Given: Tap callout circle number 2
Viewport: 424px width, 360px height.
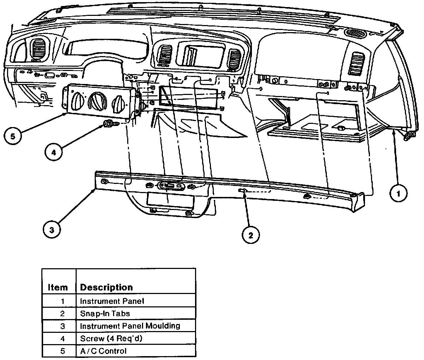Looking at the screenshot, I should (251, 235).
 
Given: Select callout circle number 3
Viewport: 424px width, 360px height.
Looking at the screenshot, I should (52, 230).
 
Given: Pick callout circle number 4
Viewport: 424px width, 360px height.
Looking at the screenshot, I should (54, 152).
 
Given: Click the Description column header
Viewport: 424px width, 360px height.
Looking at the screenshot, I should (106, 287).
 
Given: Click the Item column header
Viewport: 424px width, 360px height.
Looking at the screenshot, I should (58, 287).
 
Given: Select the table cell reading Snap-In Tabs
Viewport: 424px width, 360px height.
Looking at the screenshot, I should (105, 313).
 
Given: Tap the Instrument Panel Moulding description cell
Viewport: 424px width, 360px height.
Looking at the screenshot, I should (130, 326).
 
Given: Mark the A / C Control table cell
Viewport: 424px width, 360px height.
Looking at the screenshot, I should (103, 351).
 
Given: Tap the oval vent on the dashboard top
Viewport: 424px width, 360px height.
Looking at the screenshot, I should (355, 33).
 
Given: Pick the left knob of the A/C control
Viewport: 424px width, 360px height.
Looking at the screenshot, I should (76, 102).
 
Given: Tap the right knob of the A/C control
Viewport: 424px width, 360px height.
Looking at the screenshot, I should (117, 105).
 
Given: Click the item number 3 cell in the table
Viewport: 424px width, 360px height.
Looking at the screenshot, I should (63, 326).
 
